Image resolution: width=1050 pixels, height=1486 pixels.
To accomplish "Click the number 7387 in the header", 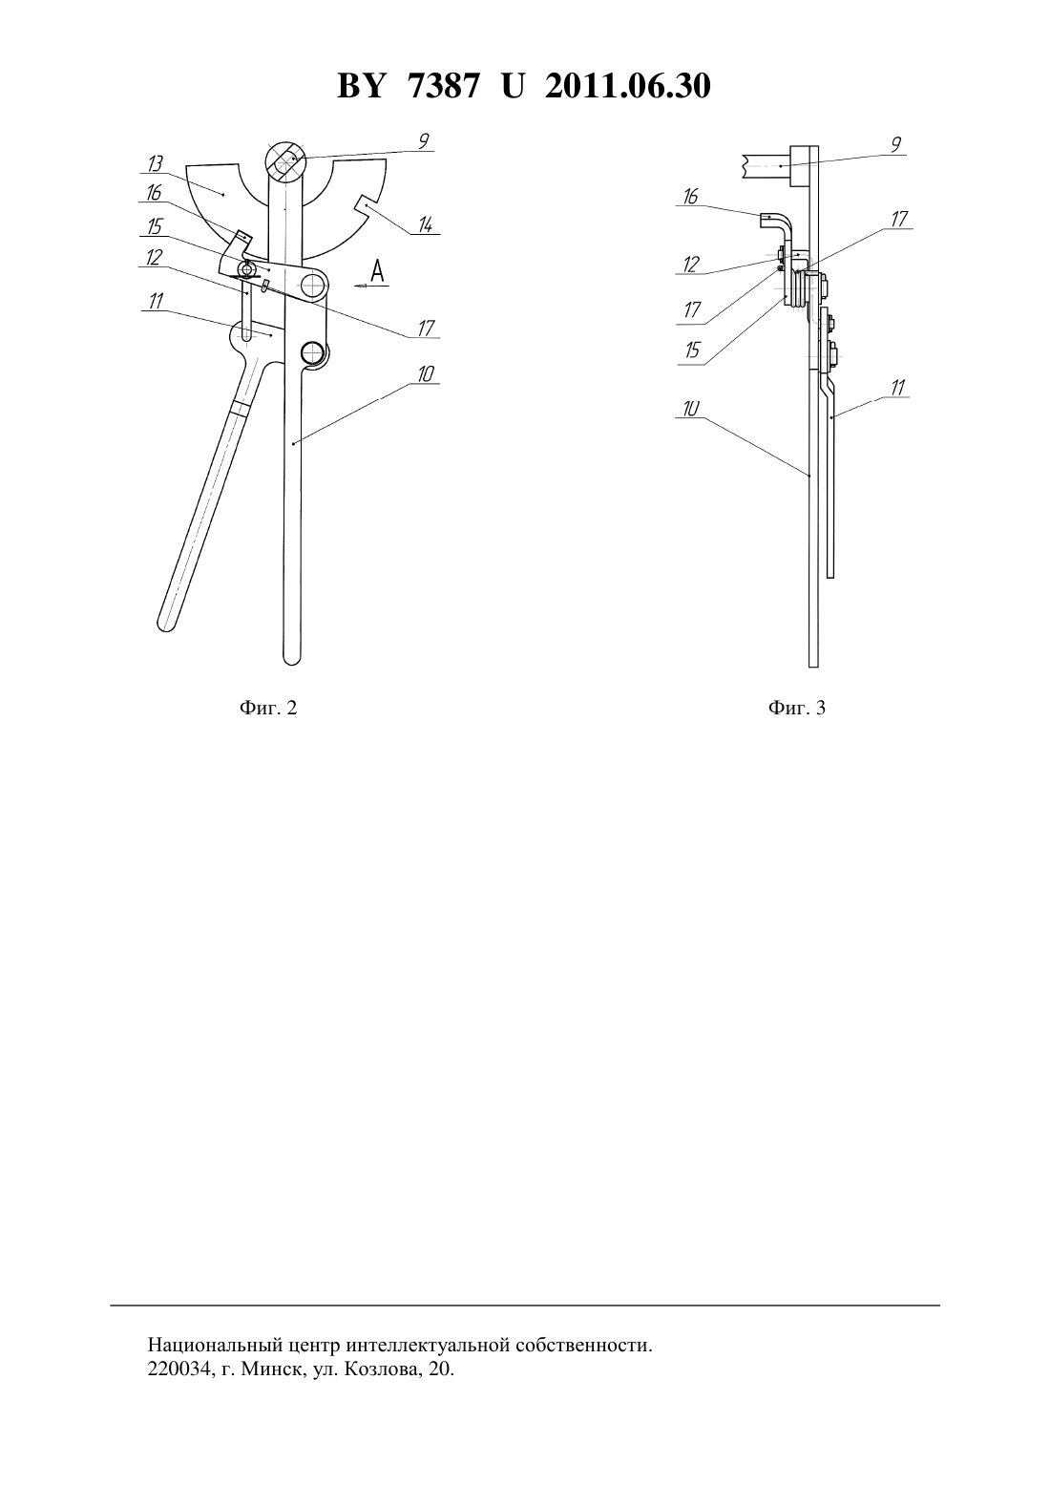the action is (443, 86).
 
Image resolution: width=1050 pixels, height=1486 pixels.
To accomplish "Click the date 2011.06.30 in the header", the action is (628, 86).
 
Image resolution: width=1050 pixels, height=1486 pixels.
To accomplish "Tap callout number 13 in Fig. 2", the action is (156, 164).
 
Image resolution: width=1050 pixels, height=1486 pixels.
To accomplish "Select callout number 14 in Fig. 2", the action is (425, 225).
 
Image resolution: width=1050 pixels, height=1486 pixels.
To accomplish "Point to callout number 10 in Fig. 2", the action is (425, 374).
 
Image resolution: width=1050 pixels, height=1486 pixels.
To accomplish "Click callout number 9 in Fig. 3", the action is (895, 144).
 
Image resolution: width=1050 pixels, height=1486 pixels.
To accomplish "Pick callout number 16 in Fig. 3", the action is (690, 197).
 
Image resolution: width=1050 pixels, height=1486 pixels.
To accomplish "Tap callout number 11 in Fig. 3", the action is (898, 388).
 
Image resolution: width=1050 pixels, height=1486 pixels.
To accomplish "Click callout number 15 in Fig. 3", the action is (692, 350).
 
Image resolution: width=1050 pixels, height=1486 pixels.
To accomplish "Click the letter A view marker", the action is (377, 270).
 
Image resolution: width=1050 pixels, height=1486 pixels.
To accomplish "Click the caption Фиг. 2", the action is (268, 708).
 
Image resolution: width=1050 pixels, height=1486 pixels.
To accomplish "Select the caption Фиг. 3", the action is (797, 708).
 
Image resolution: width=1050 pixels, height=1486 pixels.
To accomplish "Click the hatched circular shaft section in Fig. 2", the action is (285, 161).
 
